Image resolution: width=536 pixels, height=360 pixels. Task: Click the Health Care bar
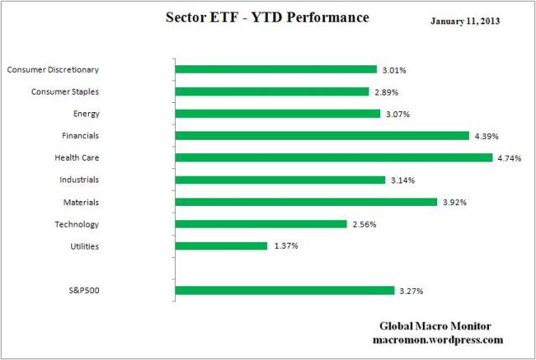[333, 157]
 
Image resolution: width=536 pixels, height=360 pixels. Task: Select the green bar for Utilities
[221, 246]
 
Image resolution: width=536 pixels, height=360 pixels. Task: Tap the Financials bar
[322, 136]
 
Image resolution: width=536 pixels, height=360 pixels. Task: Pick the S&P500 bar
[284, 291]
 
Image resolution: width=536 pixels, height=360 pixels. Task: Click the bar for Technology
[260, 224]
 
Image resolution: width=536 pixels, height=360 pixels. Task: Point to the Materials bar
[306, 202]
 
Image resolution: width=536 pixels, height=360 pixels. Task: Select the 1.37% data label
[285, 246]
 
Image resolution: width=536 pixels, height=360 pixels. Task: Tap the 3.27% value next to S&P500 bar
[411, 291]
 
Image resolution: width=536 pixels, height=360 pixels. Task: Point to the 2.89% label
[386, 92]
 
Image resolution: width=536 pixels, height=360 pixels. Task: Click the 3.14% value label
[403, 180]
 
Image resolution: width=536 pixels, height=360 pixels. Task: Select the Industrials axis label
[80, 179]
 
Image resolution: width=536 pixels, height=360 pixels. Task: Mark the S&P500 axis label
[82, 291]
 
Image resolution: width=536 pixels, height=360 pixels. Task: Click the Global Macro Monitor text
[435, 327]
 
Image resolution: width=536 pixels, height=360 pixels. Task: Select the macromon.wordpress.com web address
[436, 340]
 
